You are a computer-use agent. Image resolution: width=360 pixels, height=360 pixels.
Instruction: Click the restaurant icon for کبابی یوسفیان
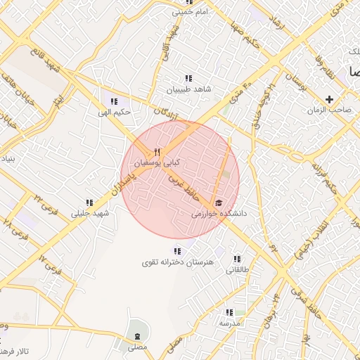pos(157,152)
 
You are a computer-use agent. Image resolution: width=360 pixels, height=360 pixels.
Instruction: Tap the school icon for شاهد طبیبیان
pos(188,79)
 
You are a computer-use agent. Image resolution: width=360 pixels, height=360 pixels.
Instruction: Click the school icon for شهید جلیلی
pos(90,202)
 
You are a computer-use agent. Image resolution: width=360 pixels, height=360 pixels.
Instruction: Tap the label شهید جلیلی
pos(91,213)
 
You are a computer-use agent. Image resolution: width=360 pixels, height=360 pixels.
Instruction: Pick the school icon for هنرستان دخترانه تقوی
pos(176,251)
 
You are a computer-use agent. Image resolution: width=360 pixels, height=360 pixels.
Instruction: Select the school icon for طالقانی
pos(237,259)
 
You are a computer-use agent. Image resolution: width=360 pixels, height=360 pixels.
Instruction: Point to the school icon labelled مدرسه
pos(229,312)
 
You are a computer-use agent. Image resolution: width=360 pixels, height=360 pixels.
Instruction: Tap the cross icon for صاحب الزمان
pos(329,99)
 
